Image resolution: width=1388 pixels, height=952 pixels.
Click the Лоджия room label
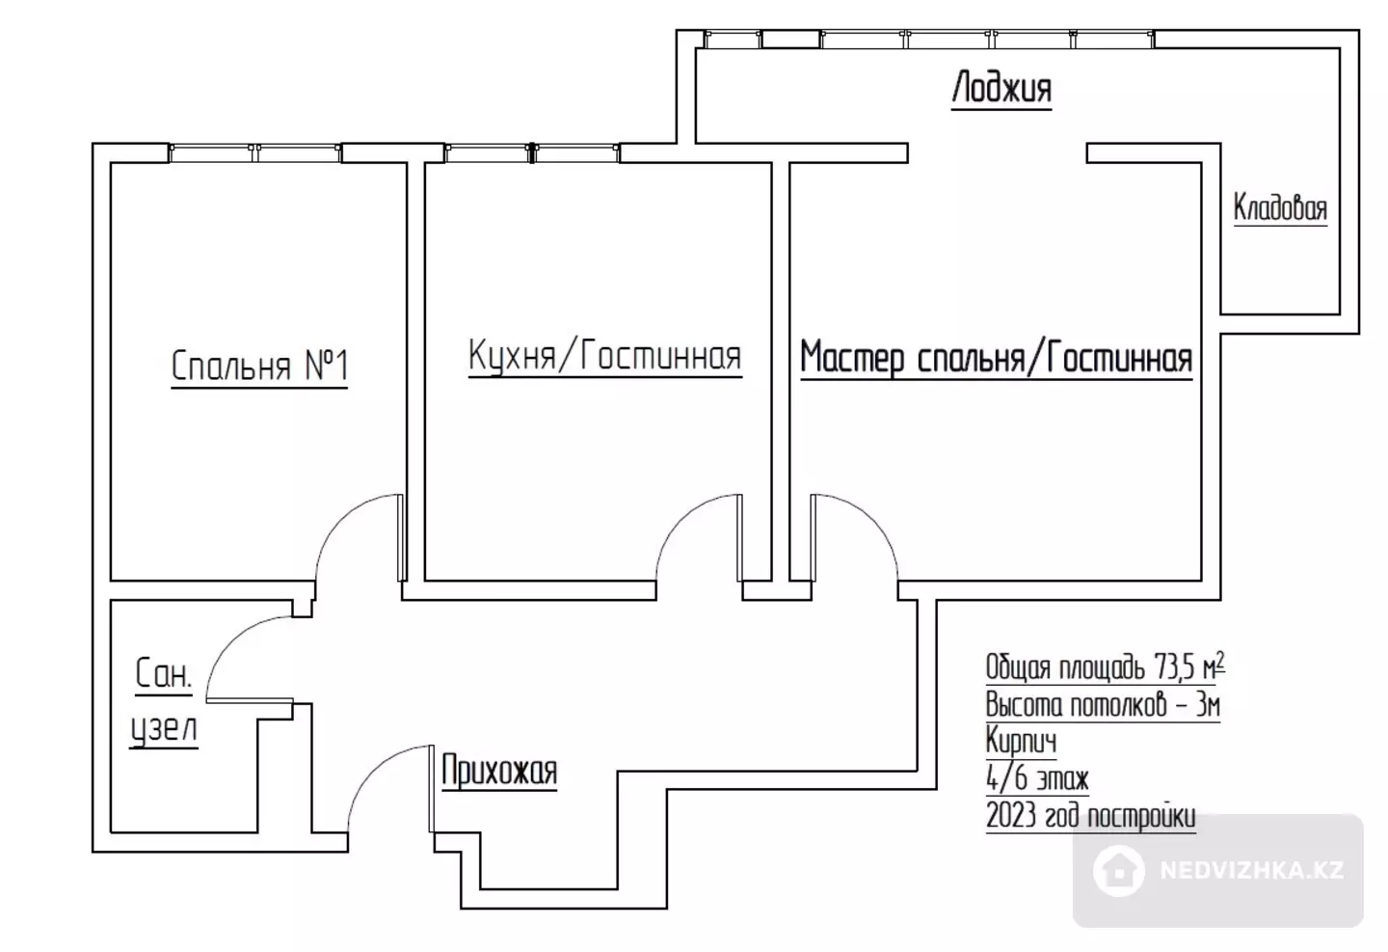[x=1001, y=88]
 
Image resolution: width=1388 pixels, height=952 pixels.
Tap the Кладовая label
[x=1280, y=207]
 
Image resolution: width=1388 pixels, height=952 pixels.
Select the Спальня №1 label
[x=259, y=366]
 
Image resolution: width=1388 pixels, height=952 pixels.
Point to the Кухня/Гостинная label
[x=604, y=356]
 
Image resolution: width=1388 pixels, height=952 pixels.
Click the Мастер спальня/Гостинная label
[x=997, y=358]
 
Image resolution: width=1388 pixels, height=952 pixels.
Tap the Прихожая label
[x=499, y=771]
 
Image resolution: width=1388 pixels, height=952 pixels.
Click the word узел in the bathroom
[x=164, y=729]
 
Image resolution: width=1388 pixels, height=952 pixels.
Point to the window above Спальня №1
[x=254, y=152]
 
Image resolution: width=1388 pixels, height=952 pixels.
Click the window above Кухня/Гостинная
[x=532, y=152]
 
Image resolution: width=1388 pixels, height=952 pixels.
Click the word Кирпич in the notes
[x=1021, y=741]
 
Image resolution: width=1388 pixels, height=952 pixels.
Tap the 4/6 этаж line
[x=1037, y=778]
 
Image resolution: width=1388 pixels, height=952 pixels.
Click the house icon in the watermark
[x=1118, y=870]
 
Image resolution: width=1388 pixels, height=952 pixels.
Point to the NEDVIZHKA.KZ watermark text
[x=1252, y=870]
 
